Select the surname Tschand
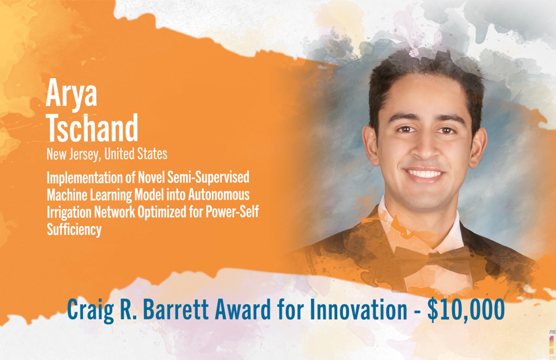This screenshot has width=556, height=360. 92,128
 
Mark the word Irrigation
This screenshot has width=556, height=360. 68,212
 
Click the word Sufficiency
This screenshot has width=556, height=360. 74,229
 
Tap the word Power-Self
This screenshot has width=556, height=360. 231,212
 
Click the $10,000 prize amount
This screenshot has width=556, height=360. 466,310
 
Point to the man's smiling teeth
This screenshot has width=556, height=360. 425,174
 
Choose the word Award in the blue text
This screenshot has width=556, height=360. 257,310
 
